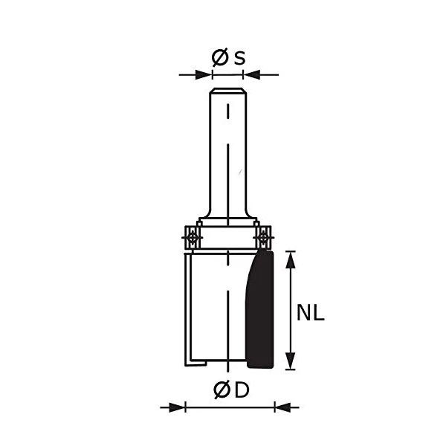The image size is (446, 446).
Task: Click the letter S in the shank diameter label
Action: (x=239, y=57)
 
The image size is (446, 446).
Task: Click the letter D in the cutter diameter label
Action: (x=241, y=390)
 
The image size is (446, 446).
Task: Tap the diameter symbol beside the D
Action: (x=221, y=390)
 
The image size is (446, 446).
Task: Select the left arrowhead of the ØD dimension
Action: (x=177, y=407)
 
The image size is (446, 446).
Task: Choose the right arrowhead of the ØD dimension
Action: (x=282, y=407)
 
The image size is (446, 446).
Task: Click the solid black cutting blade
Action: (x=261, y=312)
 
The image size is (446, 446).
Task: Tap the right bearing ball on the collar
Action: (x=262, y=236)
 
